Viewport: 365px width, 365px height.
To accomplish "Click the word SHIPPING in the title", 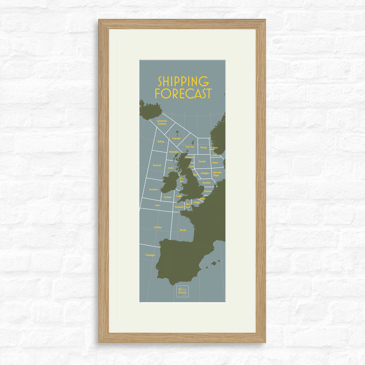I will [183, 81].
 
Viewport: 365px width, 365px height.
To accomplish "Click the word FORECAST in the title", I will [183, 93].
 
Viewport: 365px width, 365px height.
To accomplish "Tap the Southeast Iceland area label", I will [162, 122].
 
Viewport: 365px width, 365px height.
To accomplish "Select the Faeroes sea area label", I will [176, 138].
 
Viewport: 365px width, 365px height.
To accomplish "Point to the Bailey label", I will [161, 142].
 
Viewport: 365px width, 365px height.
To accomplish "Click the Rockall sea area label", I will [157, 165].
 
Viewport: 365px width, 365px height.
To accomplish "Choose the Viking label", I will [203, 147].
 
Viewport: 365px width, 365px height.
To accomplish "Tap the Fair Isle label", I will [190, 146].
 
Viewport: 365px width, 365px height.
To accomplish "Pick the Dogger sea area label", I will [205, 173].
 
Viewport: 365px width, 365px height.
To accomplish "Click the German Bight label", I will [217, 174].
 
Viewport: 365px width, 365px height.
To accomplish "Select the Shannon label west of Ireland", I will [153, 189].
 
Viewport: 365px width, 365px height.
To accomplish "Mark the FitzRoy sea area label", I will [158, 227].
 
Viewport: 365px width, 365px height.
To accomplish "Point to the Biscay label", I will [183, 230].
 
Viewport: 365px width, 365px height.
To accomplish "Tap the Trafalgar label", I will [150, 255].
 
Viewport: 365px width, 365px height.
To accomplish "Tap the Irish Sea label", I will [181, 180].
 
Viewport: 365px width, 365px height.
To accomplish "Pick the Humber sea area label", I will [207, 183].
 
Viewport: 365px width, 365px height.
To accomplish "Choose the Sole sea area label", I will [157, 205].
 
